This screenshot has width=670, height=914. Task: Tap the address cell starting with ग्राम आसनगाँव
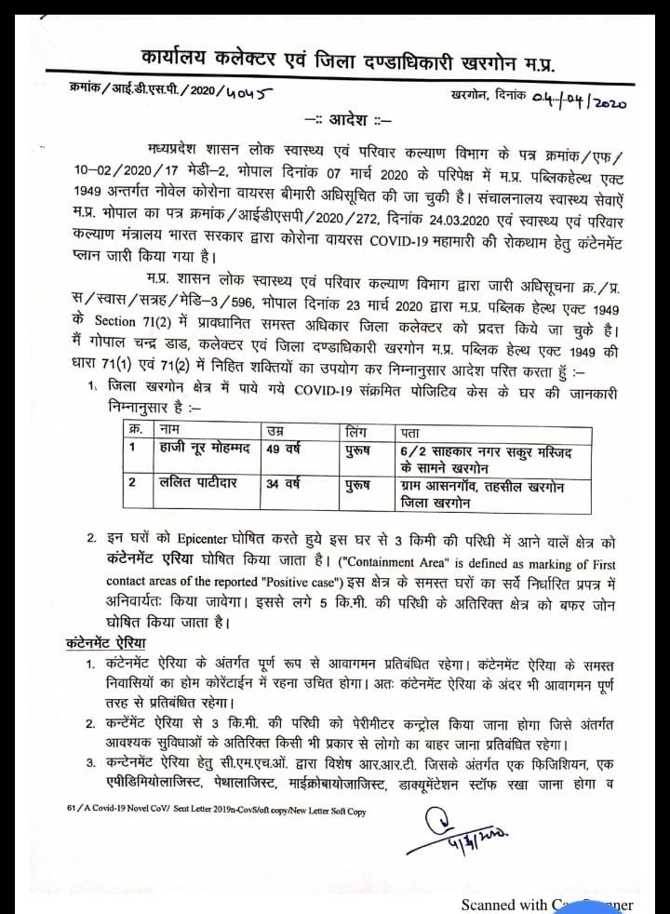pos(482,494)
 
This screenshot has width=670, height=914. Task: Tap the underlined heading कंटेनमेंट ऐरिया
pos(105,643)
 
